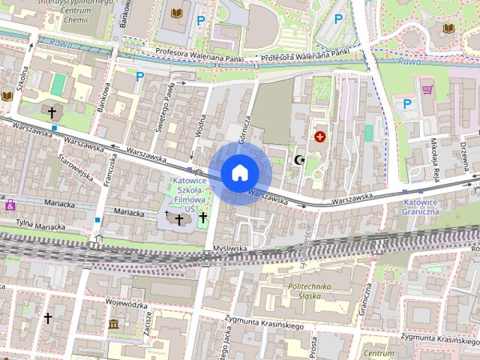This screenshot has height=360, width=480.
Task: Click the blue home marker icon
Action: coord(239,172)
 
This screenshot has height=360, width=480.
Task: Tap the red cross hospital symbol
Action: coord(321,136)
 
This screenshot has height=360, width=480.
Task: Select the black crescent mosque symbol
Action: coord(298,160)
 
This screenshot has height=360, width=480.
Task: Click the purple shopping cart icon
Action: coord(427,90)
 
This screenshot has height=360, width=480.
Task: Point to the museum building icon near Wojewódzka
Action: coord(113,324)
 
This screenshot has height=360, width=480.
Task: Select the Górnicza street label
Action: coord(245,130)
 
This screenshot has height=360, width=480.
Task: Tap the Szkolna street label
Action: coord(23,81)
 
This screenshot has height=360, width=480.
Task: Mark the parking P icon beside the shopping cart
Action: coord(407,104)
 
